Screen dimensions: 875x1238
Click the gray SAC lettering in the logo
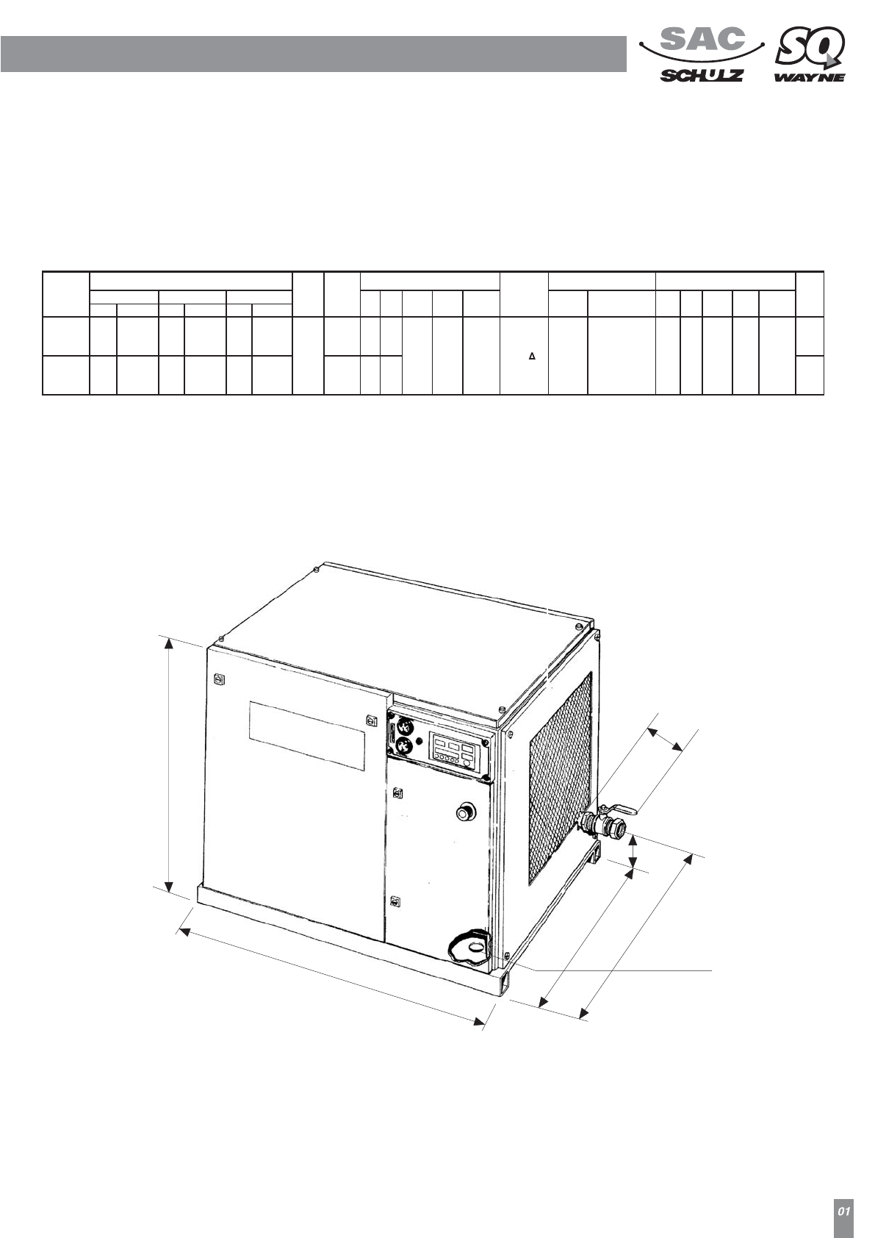702,39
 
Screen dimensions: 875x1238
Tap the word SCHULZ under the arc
701,76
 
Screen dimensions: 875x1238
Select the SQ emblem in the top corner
810,48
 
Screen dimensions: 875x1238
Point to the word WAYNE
810,77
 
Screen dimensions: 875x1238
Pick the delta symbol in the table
532,357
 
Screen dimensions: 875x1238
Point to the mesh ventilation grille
560,777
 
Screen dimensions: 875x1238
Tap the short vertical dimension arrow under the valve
633,852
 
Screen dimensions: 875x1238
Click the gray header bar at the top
313,54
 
